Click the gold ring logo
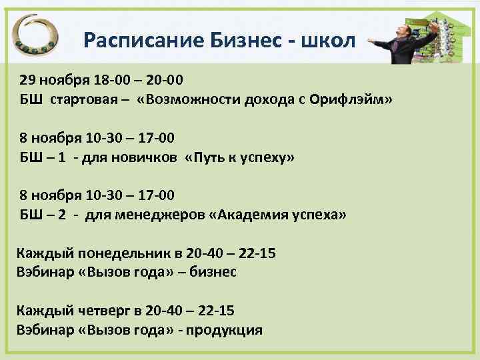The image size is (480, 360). pyautogui.click(x=41, y=37)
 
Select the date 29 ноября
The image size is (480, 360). pyautogui.click(x=48, y=81)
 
